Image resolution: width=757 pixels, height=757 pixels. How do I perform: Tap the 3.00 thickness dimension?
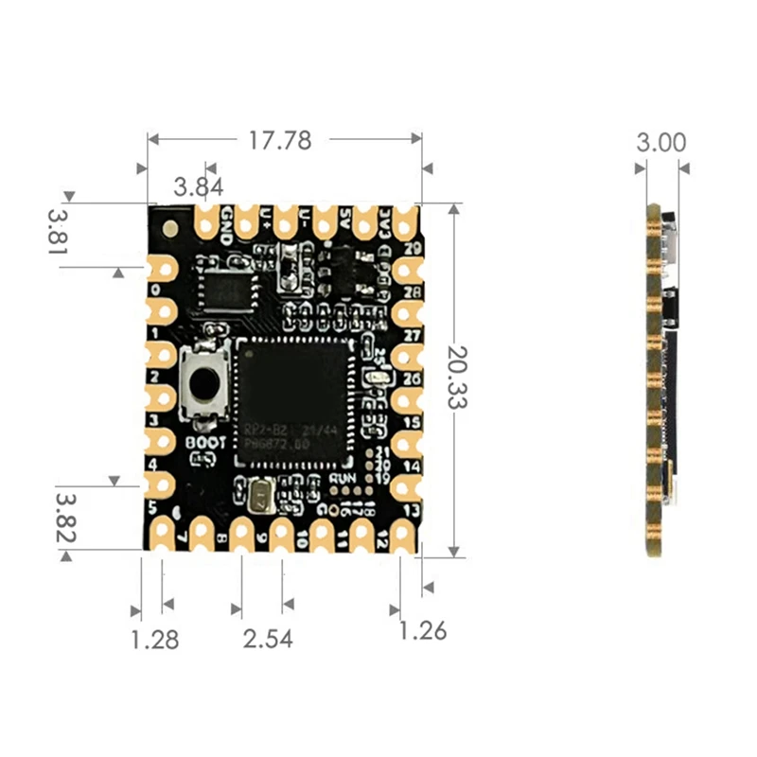pyautogui.click(x=660, y=143)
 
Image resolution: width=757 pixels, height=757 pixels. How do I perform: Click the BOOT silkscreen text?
pyautogui.click(x=205, y=441)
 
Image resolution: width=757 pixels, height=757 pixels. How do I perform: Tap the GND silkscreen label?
pyautogui.click(x=227, y=224)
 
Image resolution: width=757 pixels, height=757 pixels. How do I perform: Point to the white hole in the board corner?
pyautogui.click(x=169, y=227)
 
